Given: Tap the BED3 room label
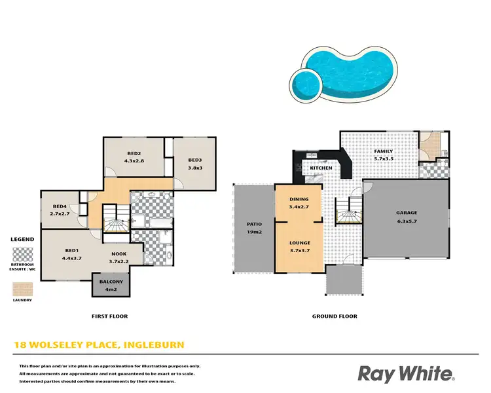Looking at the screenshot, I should pos(194,160).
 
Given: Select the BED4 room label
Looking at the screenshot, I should pos(60,206).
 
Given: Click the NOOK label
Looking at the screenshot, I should pos(118,254).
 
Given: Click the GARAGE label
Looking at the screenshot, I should pos(406,213).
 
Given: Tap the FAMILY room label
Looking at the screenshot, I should pos(383,151).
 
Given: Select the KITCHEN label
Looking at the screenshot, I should pos(321,168).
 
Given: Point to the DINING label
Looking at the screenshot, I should pos(299,199).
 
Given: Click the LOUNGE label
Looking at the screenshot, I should pos(299,243).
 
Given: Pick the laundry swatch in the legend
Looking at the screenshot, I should pos(22,288).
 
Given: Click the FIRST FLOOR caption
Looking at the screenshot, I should pos(109,316).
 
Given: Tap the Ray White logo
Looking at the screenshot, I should pos(406,374).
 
